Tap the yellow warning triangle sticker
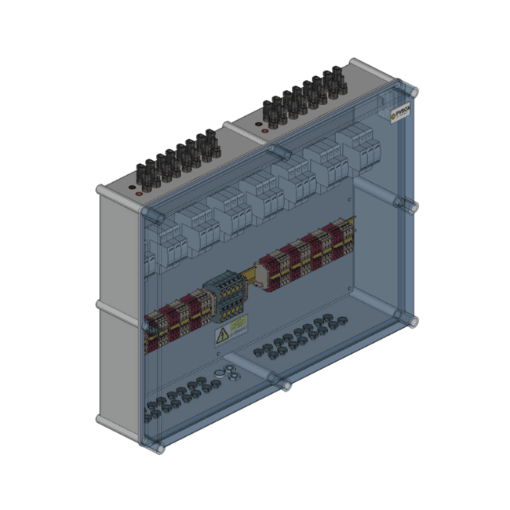[x=223, y=336]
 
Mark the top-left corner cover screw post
[x=148, y=213]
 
